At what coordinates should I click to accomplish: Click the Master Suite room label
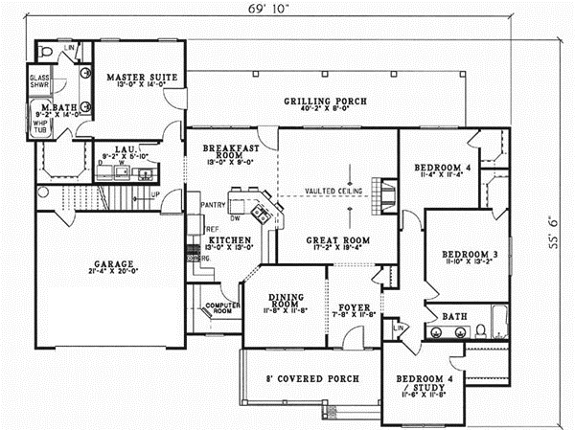click(135, 77)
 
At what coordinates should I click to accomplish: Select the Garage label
click(108, 263)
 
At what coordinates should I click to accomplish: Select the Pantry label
click(213, 204)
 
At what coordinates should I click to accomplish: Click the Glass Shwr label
click(40, 80)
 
